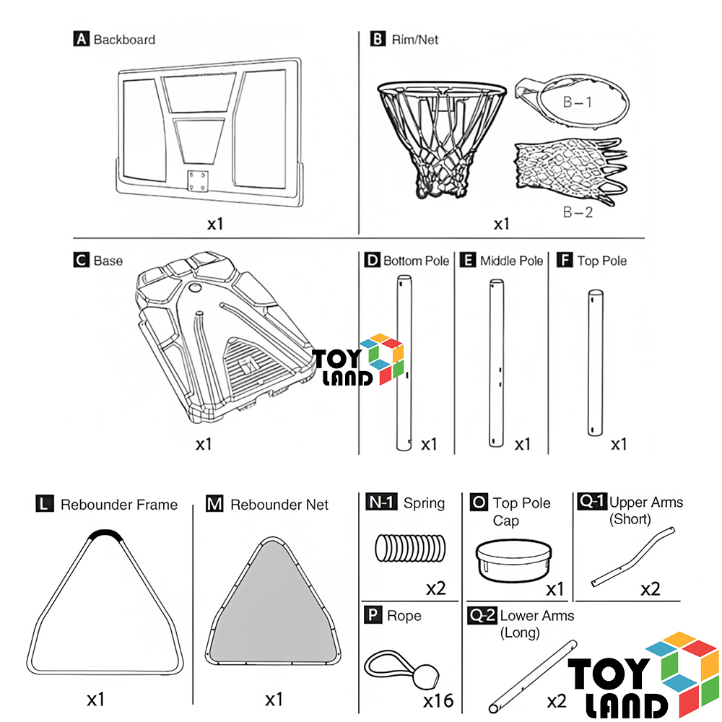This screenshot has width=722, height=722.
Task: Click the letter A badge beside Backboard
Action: pos(81,39)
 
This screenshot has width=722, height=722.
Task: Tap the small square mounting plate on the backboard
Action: pos(198,181)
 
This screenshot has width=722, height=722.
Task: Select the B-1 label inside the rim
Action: pos(578,102)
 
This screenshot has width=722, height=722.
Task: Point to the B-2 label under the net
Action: pos(578,212)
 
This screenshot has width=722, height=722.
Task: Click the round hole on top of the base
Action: pos(195,288)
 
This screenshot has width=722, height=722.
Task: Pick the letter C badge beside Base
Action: pos(81,260)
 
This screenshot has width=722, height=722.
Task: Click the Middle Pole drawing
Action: pos(497,363)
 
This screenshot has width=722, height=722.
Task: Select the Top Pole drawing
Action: pos(596,363)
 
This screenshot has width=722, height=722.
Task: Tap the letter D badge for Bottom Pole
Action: pos(372,260)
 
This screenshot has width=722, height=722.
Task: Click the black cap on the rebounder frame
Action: pos(105,534)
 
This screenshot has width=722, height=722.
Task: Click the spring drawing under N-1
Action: pos(410,548)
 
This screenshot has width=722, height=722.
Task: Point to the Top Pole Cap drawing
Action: pos(513,560)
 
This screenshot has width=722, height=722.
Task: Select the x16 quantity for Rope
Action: pos(438,700)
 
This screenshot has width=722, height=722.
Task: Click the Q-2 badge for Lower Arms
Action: pos(482,615)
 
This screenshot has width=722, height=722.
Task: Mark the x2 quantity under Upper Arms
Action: pos(651,589)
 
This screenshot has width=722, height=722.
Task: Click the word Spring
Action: pos(424,503)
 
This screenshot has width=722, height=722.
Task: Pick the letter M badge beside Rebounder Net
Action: pos(214,504)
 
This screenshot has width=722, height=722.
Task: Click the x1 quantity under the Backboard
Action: pos(215,224)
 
